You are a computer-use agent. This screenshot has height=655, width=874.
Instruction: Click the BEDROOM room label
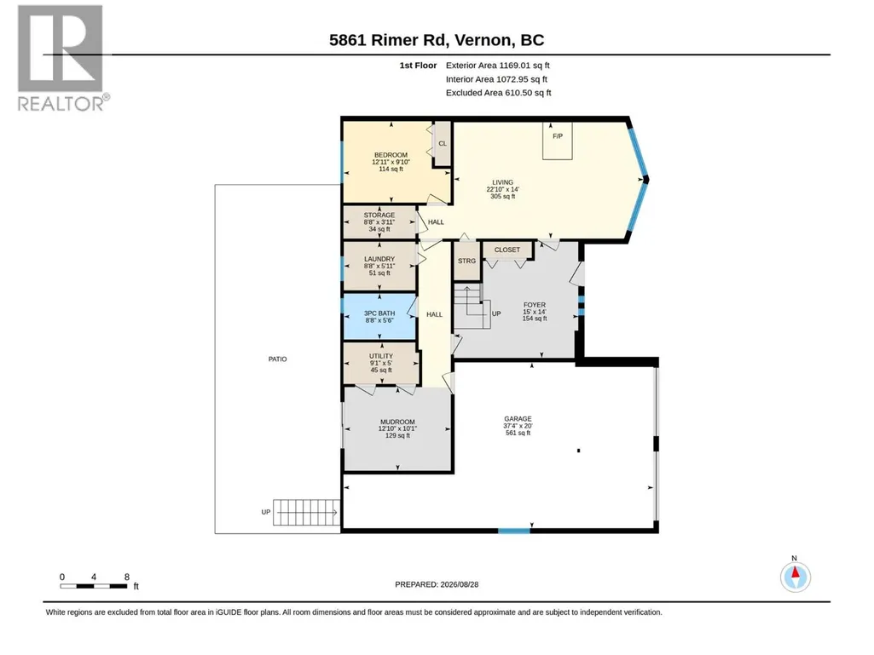coord(391,155)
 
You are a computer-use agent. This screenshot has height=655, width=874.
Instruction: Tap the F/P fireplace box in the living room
coord(558,141)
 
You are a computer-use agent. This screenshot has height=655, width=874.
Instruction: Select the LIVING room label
coord(502,182)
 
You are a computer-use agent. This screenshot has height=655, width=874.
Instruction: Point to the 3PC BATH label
coord(379,313)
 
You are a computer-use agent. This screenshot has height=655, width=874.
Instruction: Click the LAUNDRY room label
coord(379,259)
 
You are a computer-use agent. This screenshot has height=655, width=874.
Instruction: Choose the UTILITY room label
coord(380,356)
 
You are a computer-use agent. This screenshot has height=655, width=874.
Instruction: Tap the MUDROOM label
coord(397,422)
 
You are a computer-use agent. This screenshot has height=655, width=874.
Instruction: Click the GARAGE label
coord(518,418)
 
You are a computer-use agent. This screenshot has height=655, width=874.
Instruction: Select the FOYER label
coord(535,305)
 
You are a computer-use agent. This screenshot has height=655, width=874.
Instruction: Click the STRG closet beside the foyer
coord(467,261)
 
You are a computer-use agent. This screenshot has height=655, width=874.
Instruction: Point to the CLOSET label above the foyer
coord(507,250)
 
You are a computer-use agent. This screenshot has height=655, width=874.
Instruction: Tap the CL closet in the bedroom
coord(442,144)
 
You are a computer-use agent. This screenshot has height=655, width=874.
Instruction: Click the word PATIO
coord(278,359)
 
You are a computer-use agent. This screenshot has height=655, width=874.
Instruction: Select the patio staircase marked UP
coord(307,512)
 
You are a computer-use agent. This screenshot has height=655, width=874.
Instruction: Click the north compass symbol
coord(796,577)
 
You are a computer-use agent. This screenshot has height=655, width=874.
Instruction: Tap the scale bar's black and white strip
coord(94,586)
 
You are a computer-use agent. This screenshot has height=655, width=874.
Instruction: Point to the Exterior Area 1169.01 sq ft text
coord(498,66)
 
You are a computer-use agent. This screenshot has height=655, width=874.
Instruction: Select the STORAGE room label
coord(379,215)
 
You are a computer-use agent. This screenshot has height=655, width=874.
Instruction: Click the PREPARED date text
coord(437,584)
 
